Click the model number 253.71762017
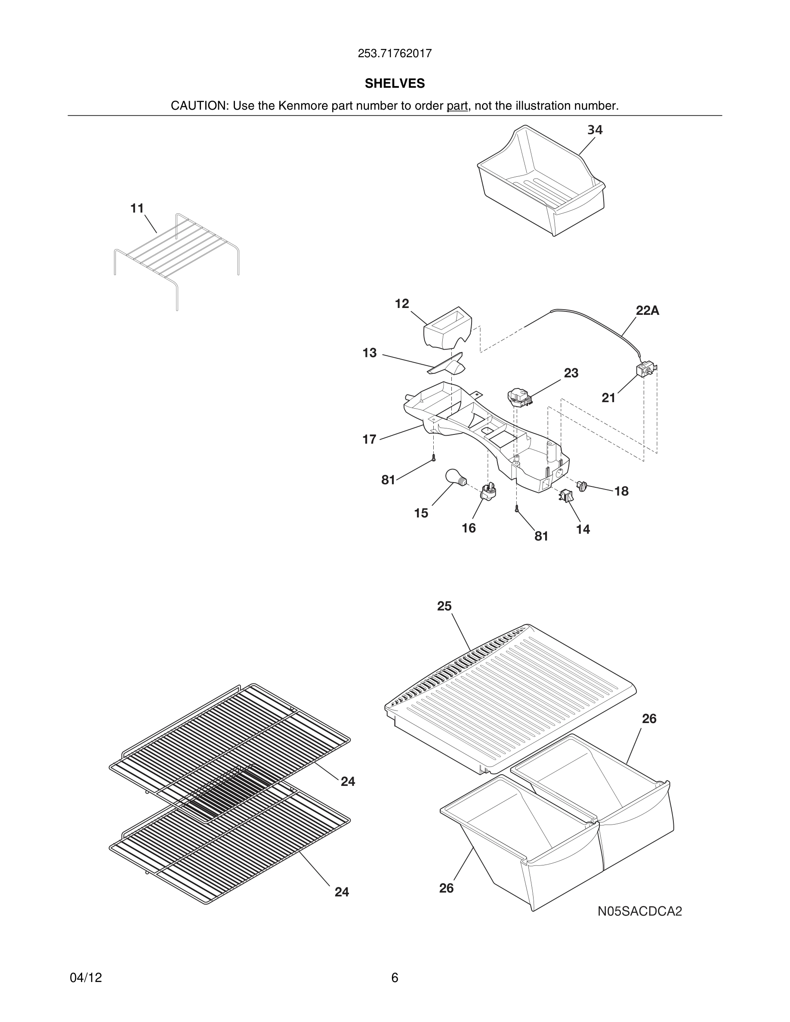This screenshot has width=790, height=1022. click(x=395, y=54)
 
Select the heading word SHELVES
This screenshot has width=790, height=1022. click(x=395, y=83)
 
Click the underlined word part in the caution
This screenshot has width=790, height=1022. click(x=457, y=106)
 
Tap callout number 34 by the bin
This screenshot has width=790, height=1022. click(x=595, y=130)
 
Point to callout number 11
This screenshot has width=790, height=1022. click(x=137, y=209)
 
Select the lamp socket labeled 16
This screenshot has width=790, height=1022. click(x=488, y=491)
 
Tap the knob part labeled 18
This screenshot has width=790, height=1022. click(x=582, y=486)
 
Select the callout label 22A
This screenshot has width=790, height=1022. click(x=647, y=311)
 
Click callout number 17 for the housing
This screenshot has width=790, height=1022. click(x=369, y=440)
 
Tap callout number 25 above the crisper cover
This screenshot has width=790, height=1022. click(x=444, y=606)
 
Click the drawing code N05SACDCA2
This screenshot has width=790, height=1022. click(x=639, y=911)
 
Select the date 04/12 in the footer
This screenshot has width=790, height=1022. click(x=86, y=978)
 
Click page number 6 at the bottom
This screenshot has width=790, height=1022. click(x=395, y=978)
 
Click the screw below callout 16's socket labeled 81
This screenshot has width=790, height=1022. click(x=517, y=510)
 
